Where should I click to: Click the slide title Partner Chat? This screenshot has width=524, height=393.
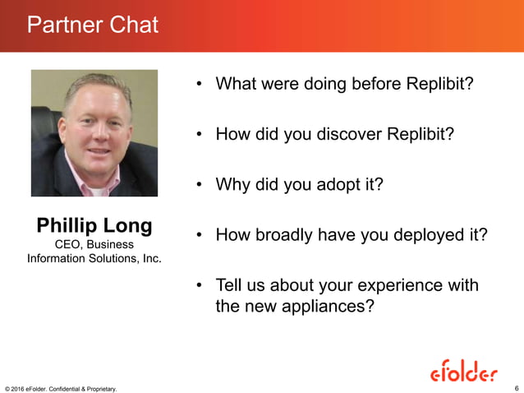92,25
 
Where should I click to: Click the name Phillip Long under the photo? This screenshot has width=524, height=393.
94,225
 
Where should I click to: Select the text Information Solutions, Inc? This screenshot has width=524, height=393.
94,260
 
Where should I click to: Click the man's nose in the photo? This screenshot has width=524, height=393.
93,132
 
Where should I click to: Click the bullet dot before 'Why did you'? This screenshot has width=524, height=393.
200,185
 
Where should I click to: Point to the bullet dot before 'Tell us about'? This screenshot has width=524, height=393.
200,286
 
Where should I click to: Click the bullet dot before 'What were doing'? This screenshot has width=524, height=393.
200,85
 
